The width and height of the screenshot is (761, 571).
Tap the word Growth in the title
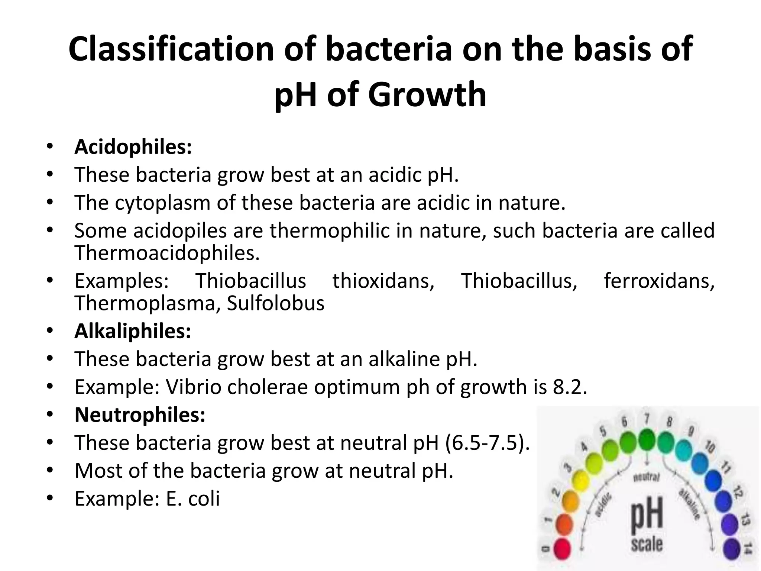click(x=427, y=95)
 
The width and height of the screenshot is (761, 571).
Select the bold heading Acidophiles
click(x=133, y=147)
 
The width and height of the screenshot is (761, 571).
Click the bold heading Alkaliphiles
click(x=133, y=331)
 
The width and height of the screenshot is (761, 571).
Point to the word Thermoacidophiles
click(x=167, y=253)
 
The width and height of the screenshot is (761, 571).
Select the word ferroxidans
click(x=659, y=281)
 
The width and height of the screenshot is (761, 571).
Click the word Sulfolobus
click(x=276, y=303)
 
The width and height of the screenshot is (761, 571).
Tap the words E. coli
click(x=193, y=499)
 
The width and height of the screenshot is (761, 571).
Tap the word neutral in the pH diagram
click(x=647, y=477)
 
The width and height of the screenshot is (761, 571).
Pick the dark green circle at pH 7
click(x=647, y=439)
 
